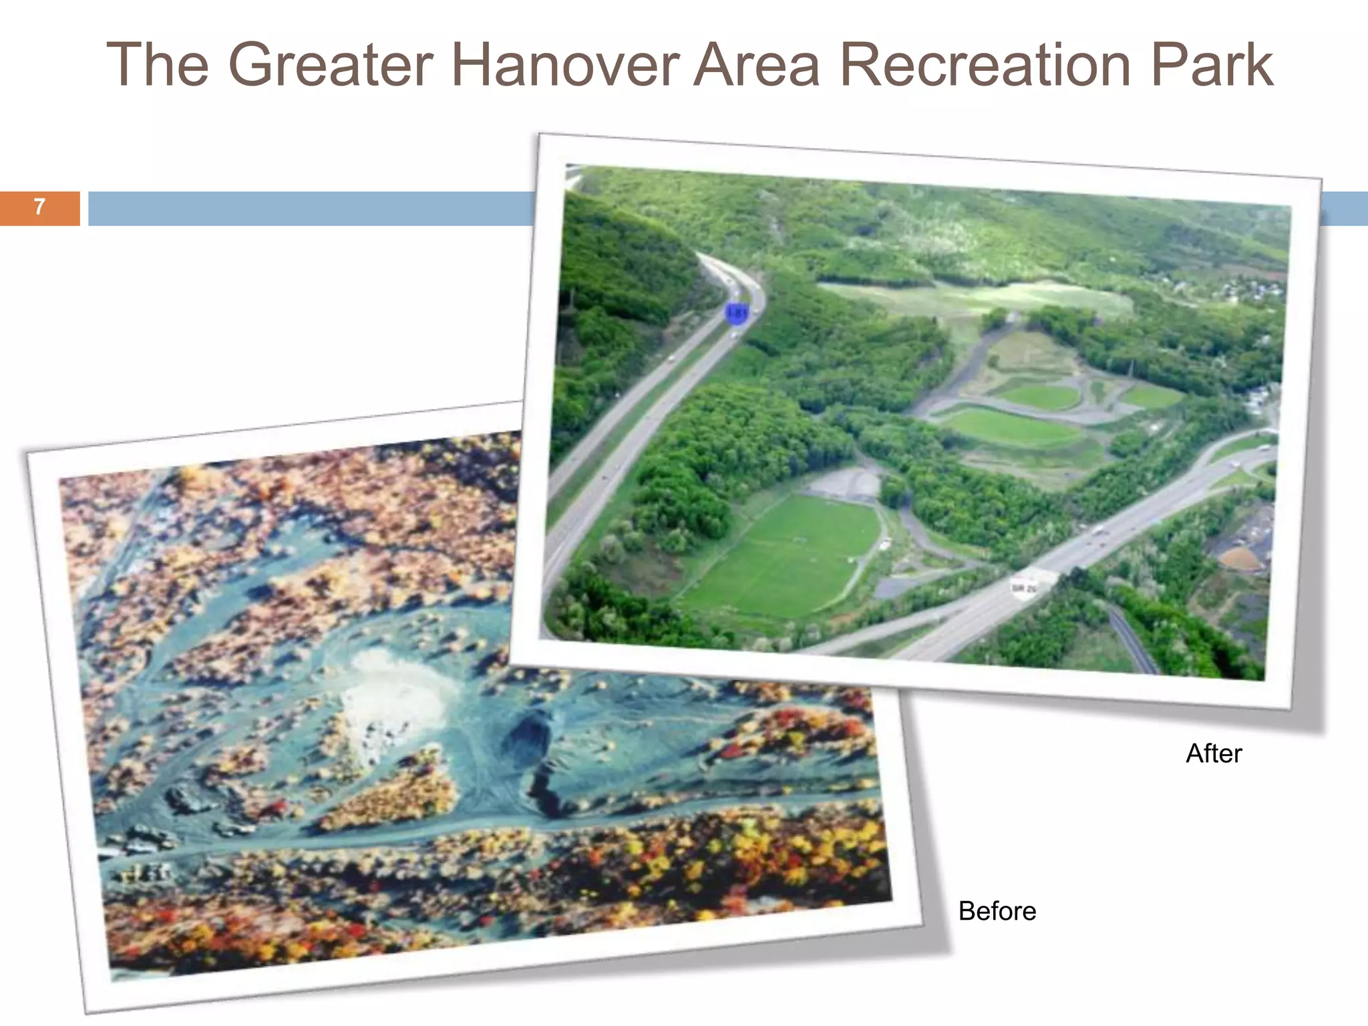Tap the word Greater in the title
[332, 65]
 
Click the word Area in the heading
[756, 65]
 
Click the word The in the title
[157, 65]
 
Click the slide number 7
[39, 207]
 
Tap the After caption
[1214, 753]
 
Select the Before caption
[997, 911]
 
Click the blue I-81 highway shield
[737, 313]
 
